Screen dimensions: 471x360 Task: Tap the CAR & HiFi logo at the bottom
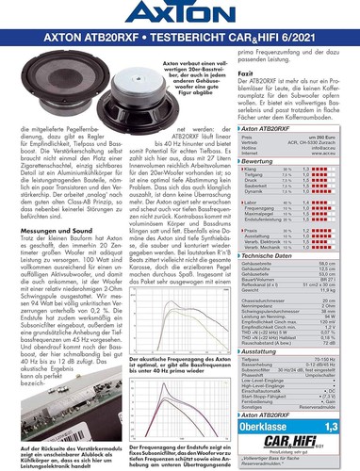click(x=308, y=443)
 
